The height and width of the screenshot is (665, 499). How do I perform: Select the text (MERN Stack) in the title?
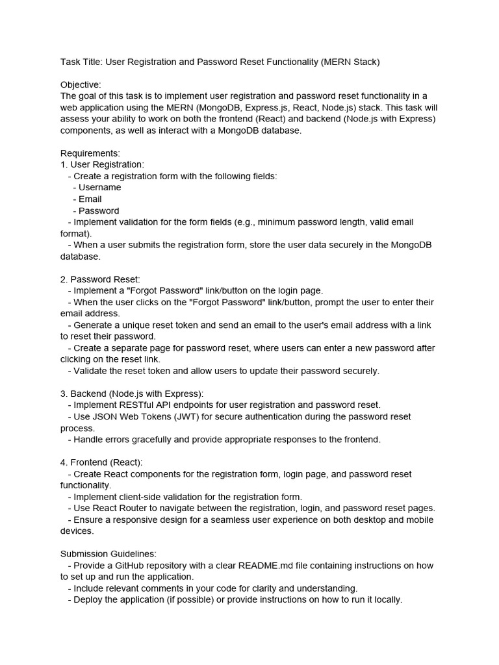tap(350, 62)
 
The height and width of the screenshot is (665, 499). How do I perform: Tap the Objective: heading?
tap(81, 85)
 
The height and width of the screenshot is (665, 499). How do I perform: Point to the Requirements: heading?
tap(90, 153)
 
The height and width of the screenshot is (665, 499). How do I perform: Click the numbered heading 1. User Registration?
tap(102, 165)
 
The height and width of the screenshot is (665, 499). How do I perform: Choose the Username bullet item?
tap(99, 188)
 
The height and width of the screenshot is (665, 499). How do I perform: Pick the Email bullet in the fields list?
tap(90, 199)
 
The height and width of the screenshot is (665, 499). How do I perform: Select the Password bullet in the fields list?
tap(99, 211)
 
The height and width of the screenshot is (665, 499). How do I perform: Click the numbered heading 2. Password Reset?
tap(100, 279)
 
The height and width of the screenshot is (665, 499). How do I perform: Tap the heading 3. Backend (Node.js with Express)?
tap(132, 394)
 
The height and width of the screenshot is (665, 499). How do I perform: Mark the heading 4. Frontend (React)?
tap(101, 462)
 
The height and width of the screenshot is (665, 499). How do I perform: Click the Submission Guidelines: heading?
tap(109, 554)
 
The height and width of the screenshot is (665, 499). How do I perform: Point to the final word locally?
tap(385, 600)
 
